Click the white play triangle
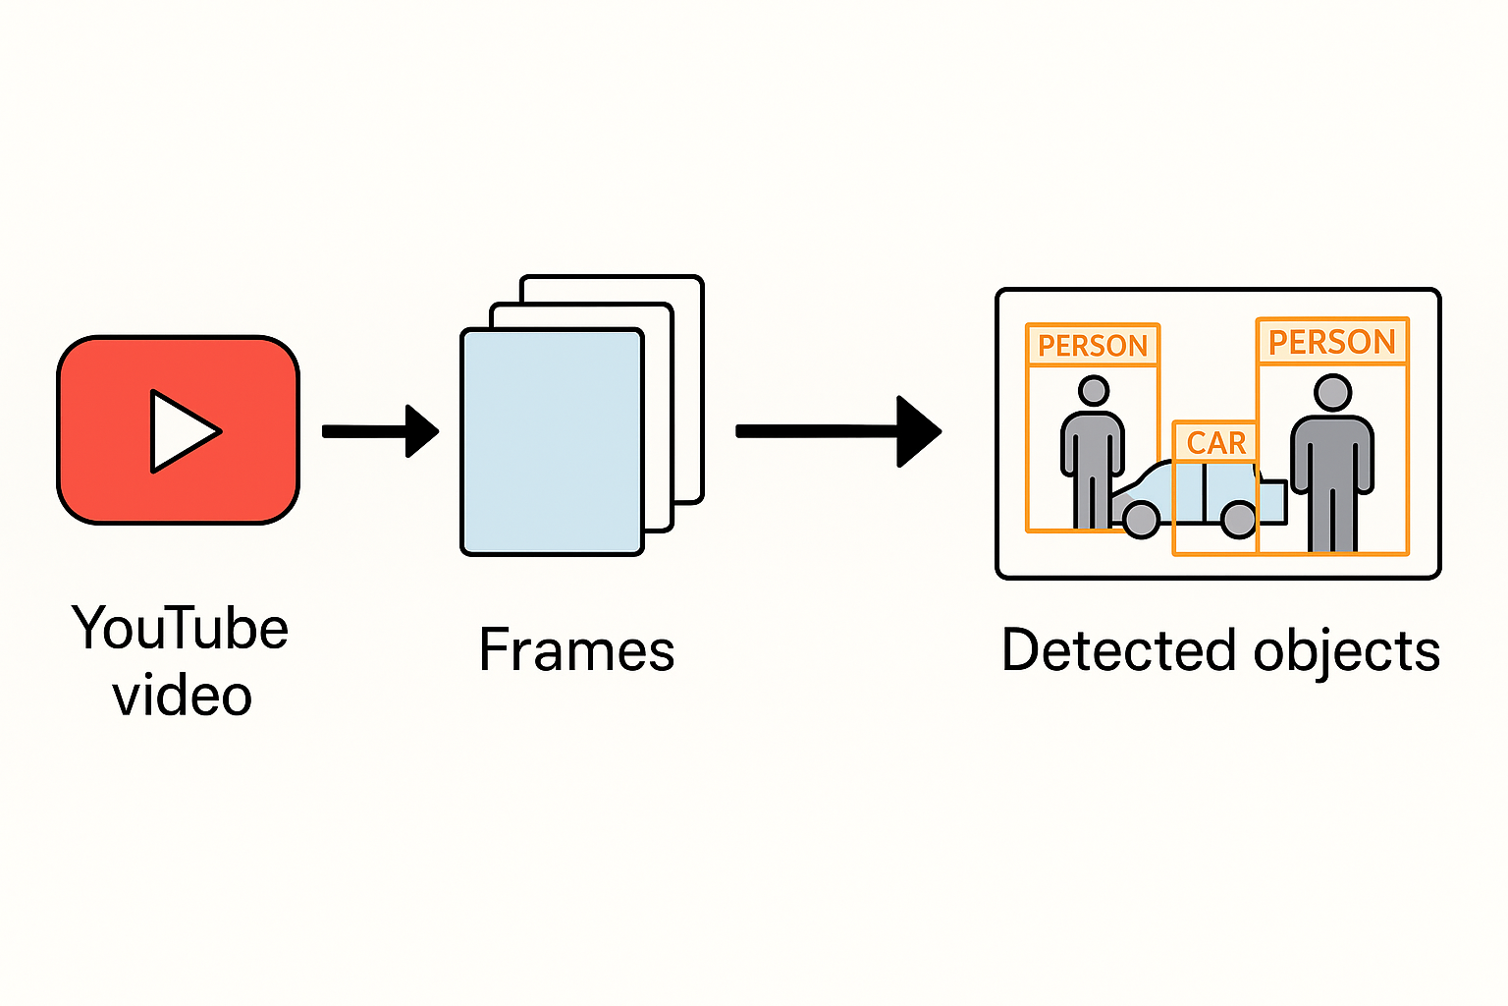(182, 431)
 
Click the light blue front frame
(552, 442)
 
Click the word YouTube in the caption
(180, 629)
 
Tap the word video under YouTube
(182, 696)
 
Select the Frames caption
(576, 650)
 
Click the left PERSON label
(1093, 346)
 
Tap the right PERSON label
(1332, 342)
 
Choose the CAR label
(1215, 443)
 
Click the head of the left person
(1093, 391)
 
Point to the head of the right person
(1332, 393)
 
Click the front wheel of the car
(1141, 519)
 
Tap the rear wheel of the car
(1238, 519)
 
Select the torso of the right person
(1332, 452)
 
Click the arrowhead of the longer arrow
(918, 431)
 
